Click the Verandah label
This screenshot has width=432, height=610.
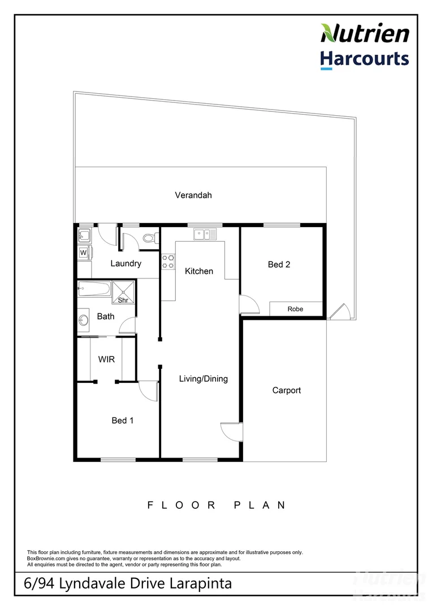click(193, 195)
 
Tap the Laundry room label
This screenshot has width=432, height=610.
click(126, 263)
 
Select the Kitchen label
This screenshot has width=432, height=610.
click(199, 271)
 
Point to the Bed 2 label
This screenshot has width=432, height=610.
click(279, 264)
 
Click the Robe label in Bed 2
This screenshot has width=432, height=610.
click(295, 309)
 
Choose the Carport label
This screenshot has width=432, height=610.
click(286, 390)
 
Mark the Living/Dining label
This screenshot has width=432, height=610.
click(204, 378)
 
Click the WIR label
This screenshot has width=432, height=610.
click(107, 359)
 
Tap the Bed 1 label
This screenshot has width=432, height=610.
click(123, 420)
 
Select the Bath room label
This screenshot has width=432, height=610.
click(106, 316)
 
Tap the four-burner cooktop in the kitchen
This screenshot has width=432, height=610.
click(169, 262)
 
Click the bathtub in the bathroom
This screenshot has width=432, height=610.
click(94, 289)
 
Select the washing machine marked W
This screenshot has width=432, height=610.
click(84, 252)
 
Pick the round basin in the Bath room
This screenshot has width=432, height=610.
click(84, 320)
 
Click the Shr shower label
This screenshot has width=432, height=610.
click(123, 300)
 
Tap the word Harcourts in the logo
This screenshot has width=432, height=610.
click(365, 59)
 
